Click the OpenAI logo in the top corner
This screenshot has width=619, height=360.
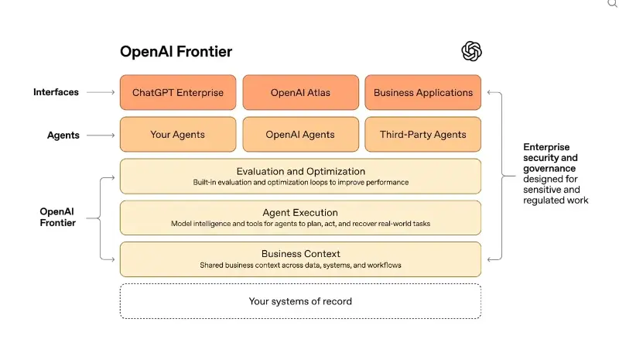pyautogui.click(x=472, y=52)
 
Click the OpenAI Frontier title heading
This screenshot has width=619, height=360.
pyautogui.click(x=176, y=52)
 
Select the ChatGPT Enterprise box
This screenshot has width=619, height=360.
pyautogui.click(x=178, y=93)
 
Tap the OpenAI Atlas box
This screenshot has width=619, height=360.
pyautogui.click(x=300, y=93)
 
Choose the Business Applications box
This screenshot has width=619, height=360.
pyautogui.click(x=422, y=93)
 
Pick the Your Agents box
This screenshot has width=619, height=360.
pyautogui.click(x=178, y=135)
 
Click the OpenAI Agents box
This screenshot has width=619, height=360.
pyautogui.click(x=300, y=135)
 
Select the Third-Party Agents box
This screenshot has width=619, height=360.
pyautogui.click(x=422, y=135)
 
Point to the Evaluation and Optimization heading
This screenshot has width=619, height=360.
pyautogui.click(x=300, y=171)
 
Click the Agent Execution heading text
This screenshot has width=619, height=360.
pyautogui.click(x=300, y=213)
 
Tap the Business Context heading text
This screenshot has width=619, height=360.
pyautogui.click(x=300, y=254)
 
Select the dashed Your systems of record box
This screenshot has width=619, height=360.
pyautogui.click(x=300, y=301)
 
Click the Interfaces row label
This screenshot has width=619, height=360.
pyautogui.click(x=56, y=92)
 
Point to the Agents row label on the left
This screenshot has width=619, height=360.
pyautogui.click(x=63, y=135)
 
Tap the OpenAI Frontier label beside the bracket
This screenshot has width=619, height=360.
pyautogui.click(x=58, y=217)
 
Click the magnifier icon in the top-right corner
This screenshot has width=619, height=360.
pyautogui.click(x=612, y=4)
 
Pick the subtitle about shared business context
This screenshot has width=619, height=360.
pyautogui.click(x=300, y=266)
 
